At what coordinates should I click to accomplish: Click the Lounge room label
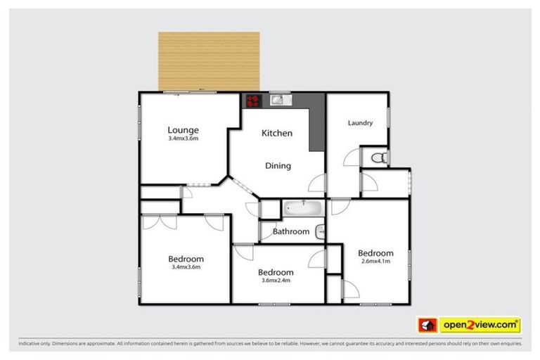click(183, 129)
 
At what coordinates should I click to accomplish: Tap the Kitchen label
click(277, 133)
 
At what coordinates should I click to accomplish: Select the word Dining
click(278, 166)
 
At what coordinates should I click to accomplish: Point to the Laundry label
click(360, 123)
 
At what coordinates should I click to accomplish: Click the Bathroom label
click(291, 231)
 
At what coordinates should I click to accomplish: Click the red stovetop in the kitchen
click(252, 101)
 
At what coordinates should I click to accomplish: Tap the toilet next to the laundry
click(379, 157)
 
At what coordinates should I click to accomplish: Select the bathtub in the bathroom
click(302, 209)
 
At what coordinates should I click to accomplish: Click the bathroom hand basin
click(320, 230)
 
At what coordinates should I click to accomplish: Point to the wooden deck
click(209, 61)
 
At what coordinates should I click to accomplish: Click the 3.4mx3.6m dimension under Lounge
click(183, 139)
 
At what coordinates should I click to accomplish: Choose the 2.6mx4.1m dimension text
click(375, 262)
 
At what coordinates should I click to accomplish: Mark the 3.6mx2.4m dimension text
click(276, 281)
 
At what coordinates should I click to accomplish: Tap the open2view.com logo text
click(480, 326)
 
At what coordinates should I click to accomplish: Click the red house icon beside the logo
click(427, 326)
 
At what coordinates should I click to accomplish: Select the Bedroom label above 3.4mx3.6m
click(186, 259)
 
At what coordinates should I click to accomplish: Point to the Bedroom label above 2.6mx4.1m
click(375, 253)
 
